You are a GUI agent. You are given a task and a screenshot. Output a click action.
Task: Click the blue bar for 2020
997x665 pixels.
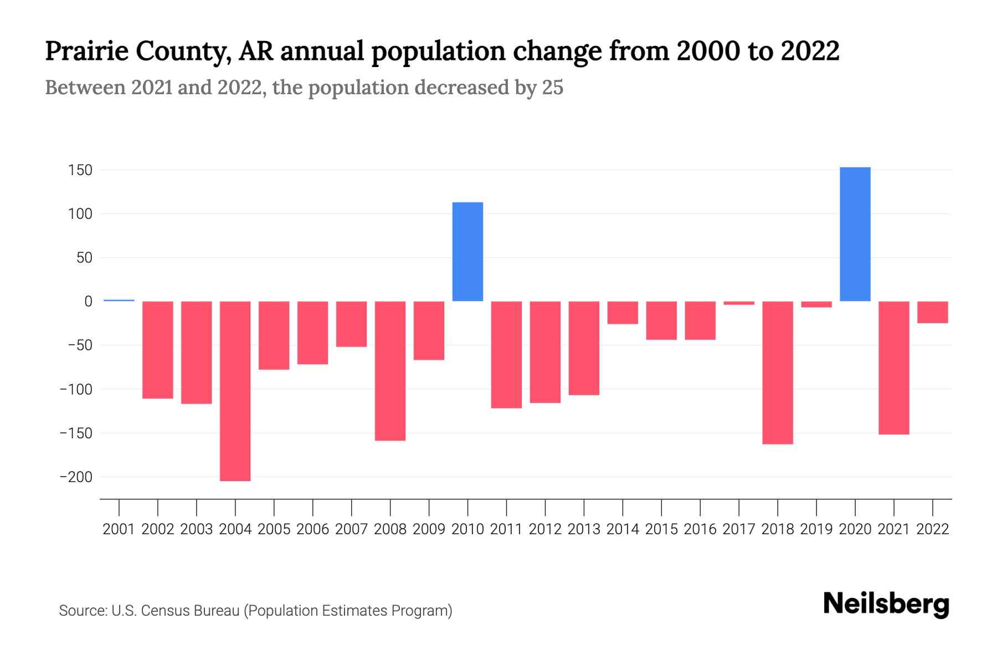[855, 234]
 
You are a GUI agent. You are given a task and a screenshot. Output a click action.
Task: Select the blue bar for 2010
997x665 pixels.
[467, 252]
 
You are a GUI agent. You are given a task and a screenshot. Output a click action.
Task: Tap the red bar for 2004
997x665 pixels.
[235, 391]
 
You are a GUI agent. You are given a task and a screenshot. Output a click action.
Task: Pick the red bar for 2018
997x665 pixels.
[777, 372]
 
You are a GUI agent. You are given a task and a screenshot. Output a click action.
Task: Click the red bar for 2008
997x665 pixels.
[390, 371]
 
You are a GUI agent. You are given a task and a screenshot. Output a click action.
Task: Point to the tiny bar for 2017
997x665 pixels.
[738, 303]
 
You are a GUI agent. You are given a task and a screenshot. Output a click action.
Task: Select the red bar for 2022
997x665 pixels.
[932, 312]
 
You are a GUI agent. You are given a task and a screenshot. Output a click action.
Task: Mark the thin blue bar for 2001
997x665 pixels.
[119, 300]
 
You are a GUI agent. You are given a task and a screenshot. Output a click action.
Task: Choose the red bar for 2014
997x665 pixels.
[623, 313]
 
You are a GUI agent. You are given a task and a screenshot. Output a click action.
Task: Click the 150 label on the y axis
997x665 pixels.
[80, 170]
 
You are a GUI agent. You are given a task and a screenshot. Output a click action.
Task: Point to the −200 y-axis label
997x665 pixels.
[76, 477]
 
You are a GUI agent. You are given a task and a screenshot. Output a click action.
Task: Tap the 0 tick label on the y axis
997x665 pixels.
[88, 301]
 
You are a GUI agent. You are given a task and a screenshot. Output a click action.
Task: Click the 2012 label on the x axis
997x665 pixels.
[545, 529]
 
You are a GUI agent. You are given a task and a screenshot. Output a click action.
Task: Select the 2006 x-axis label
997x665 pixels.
[312, 529]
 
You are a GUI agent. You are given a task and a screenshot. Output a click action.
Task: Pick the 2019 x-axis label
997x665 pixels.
[816, 529]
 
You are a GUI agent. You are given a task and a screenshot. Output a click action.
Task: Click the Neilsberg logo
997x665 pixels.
[886, 604]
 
